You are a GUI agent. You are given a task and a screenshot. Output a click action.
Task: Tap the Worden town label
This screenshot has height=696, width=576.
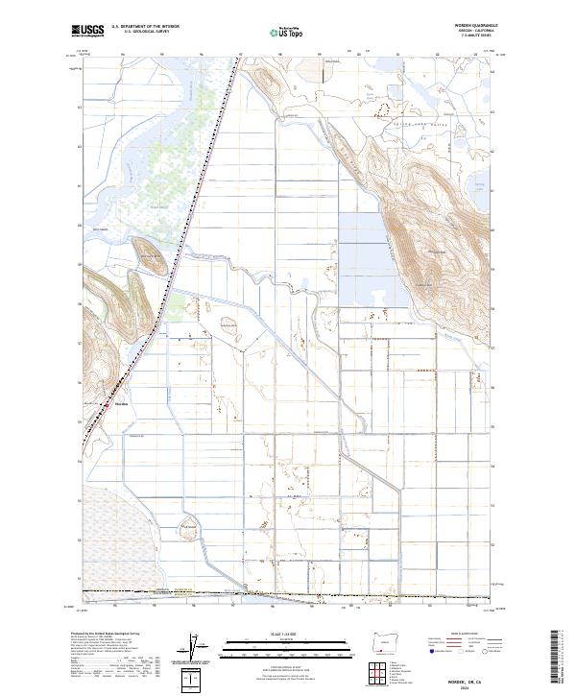pos(121,403)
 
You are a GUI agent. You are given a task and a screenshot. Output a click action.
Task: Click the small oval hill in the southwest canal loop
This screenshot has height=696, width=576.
pos(188,529)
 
